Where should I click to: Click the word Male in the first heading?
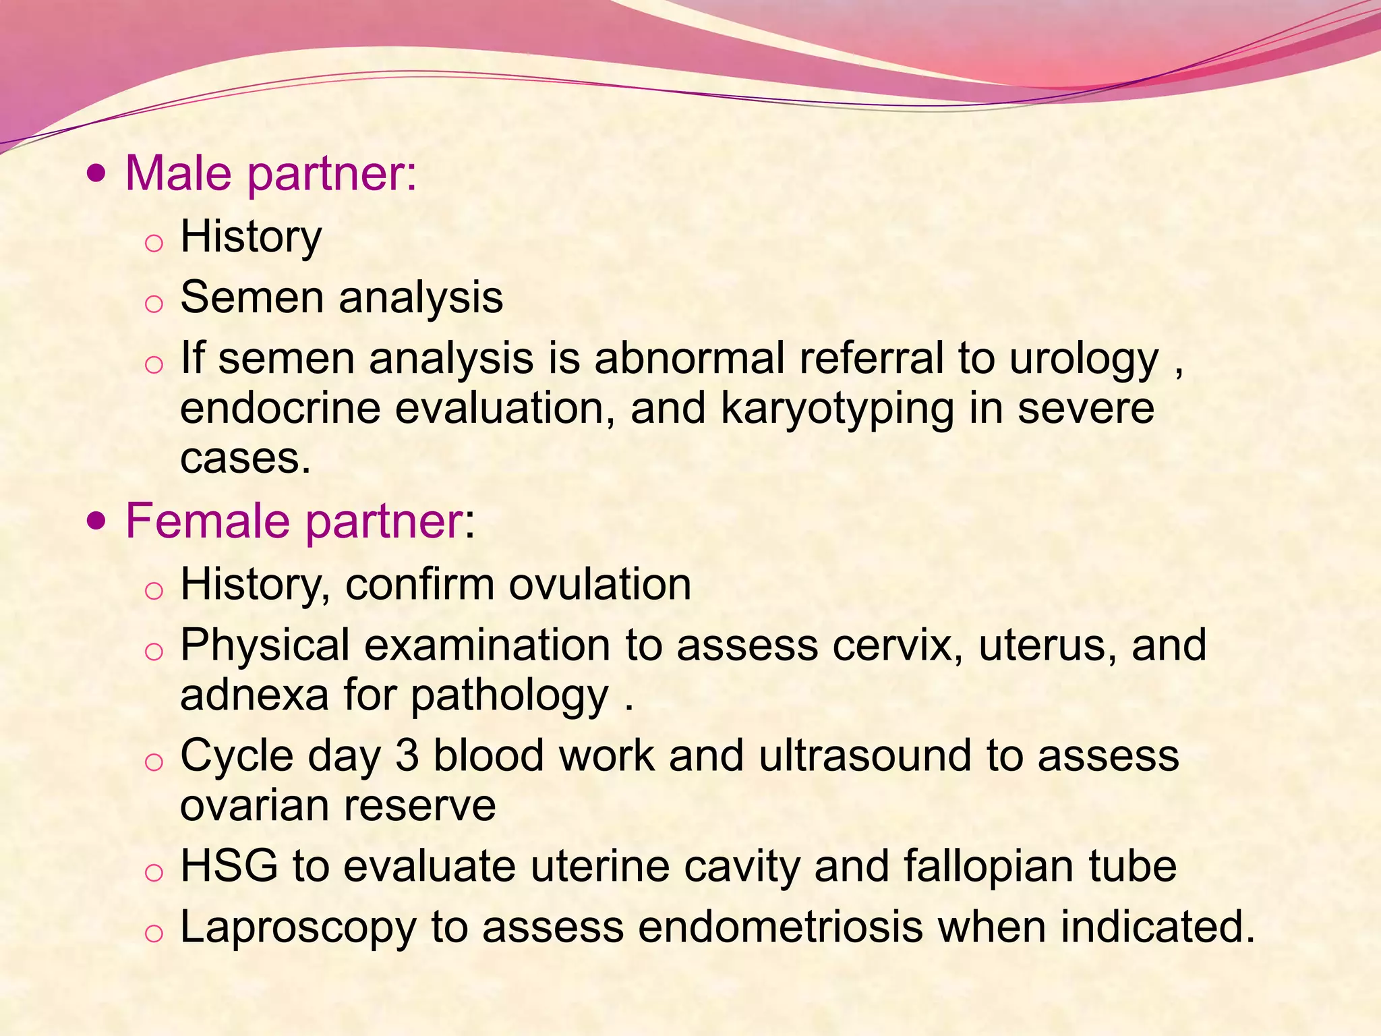pos(179,173)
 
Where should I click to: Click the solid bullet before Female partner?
pos(97,522)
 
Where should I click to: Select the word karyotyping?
pos(837,409)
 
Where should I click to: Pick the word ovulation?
pos(599,584)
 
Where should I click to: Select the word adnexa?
pos(254,695)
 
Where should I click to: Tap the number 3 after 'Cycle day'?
pos(407,755)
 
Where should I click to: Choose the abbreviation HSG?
pos(229,866)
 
